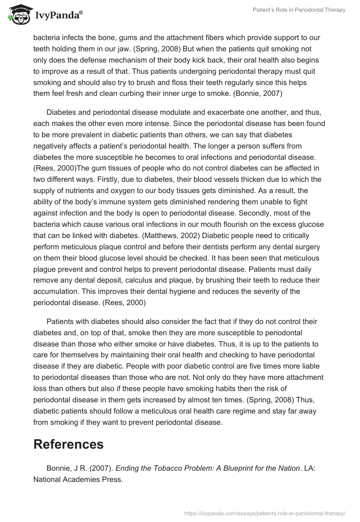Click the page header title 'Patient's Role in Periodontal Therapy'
tap(299, 10)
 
